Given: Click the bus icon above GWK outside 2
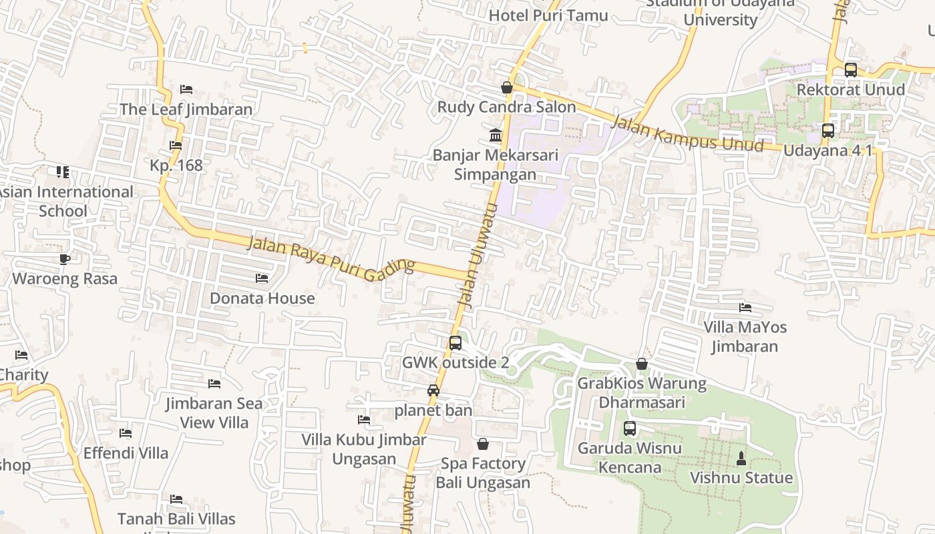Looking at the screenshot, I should pos(455,343).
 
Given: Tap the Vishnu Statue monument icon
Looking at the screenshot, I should pos(741,459).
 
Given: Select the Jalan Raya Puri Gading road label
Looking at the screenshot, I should pos(331,255).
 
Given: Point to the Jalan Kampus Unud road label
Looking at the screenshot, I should pos(687,133).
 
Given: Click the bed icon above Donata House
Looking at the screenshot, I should pos(262,278).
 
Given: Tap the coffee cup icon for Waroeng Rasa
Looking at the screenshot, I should pos(65,259).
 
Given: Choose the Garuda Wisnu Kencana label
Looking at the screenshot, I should pos(629,457).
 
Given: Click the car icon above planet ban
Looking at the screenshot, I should pos(433,390).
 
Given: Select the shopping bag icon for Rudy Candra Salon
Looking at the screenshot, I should pos(507,87).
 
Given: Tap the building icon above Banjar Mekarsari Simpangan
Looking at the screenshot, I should pos(496,136).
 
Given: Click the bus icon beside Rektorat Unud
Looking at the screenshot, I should pos(850,70).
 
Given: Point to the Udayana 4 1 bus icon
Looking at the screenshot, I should pos(827,131).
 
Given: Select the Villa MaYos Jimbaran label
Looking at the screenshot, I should pos(745,336).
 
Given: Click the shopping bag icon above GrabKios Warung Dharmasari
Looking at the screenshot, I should pos(641,364).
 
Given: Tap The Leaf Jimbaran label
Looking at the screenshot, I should pos(186,109).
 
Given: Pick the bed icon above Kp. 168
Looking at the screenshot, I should pos(176,146).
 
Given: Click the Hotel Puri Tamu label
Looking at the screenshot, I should pos(548,15).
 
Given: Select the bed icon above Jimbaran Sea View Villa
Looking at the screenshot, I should pos(214,384).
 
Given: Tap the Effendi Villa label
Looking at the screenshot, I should pos(126,453).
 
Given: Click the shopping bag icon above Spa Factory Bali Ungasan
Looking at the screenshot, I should pos(483,444).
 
